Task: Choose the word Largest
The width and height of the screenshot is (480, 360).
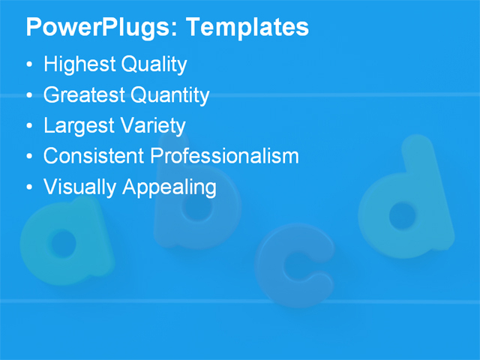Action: pos(76,126)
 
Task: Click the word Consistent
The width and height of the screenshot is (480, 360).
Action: pos(94,156)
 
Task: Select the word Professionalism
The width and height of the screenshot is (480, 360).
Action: pos(225,156)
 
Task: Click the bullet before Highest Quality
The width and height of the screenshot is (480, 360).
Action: pos(29,65)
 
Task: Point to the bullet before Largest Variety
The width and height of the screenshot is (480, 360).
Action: pos(29,126)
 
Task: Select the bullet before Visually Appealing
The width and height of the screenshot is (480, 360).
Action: pos(29,186)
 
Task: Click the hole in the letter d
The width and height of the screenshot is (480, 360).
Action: pos(403,215)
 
